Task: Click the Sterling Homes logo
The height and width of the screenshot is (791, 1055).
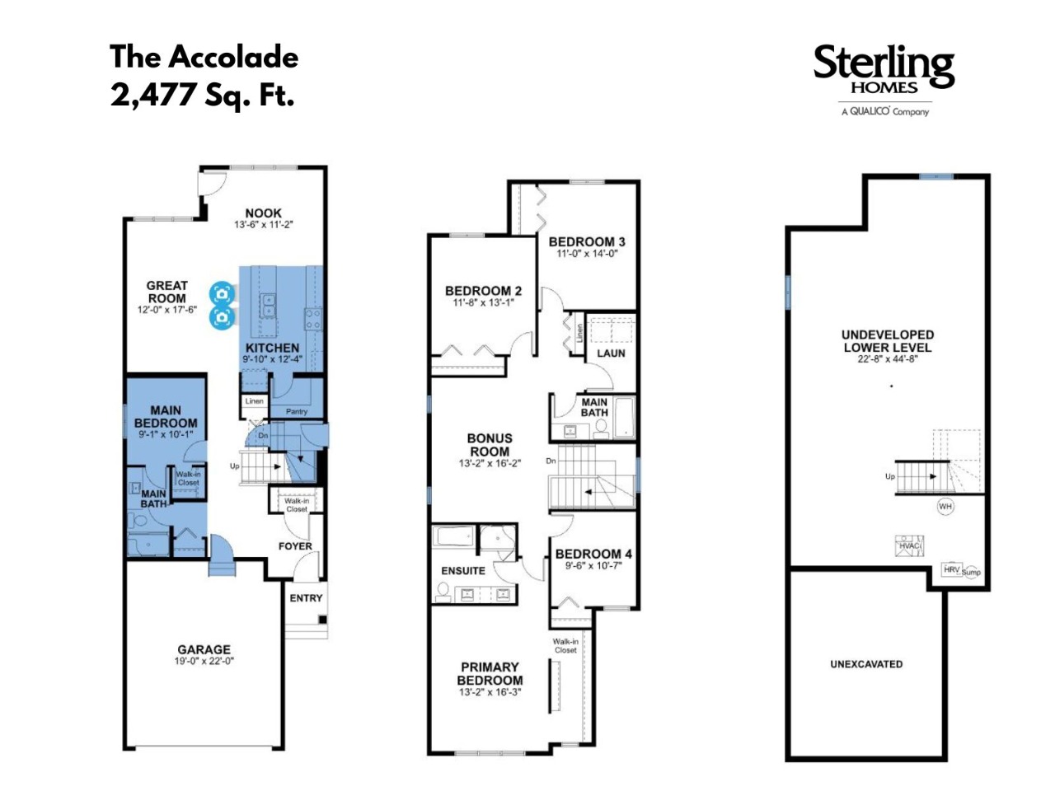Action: (884, 80)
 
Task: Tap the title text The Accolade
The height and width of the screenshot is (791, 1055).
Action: (204, 57)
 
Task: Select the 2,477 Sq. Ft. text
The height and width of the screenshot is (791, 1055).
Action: (202, 95)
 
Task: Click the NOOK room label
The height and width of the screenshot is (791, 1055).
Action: (264, 213)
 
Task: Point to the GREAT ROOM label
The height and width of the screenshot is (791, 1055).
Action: (166, 292)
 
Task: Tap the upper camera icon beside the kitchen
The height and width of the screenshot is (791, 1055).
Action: (222, 293)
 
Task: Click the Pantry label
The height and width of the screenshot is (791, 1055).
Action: (297, 412)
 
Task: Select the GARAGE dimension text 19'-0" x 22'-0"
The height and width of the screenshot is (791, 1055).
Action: (204, 662)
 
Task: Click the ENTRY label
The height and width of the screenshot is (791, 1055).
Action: (306, 598)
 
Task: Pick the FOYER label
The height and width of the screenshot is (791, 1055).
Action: (295, 546)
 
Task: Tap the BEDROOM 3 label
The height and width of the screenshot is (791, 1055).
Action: (588, 241)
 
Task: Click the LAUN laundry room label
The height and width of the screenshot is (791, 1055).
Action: (611, 353)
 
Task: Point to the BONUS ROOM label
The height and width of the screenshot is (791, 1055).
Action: (490, 445)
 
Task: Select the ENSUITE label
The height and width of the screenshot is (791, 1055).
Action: (463, 570)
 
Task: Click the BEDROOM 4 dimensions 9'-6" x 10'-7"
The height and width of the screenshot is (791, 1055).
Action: (593, 566)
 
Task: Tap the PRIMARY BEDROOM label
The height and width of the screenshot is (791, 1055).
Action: (490, 673)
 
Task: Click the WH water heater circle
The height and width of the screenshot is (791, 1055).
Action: (945, 506)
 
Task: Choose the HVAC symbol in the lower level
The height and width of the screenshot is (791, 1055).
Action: (909, 546)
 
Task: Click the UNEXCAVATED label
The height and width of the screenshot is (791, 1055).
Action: (866, 664)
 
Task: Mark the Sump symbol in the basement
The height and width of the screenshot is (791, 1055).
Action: (971, 572)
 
